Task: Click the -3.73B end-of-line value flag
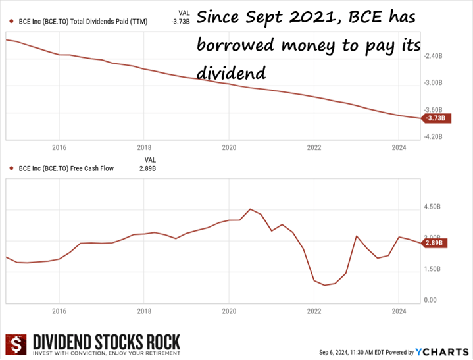pos(436,118)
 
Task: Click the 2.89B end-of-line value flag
pos(436,243)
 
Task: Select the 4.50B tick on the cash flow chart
pos(432,207)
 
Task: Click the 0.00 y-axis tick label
pos(430,300)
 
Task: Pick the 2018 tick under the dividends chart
pos(144,147)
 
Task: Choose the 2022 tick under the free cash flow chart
pos(314,311)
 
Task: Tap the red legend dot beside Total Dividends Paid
pos(11,22)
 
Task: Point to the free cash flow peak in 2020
pos(250,209)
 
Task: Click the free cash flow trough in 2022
pos(324,285)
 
